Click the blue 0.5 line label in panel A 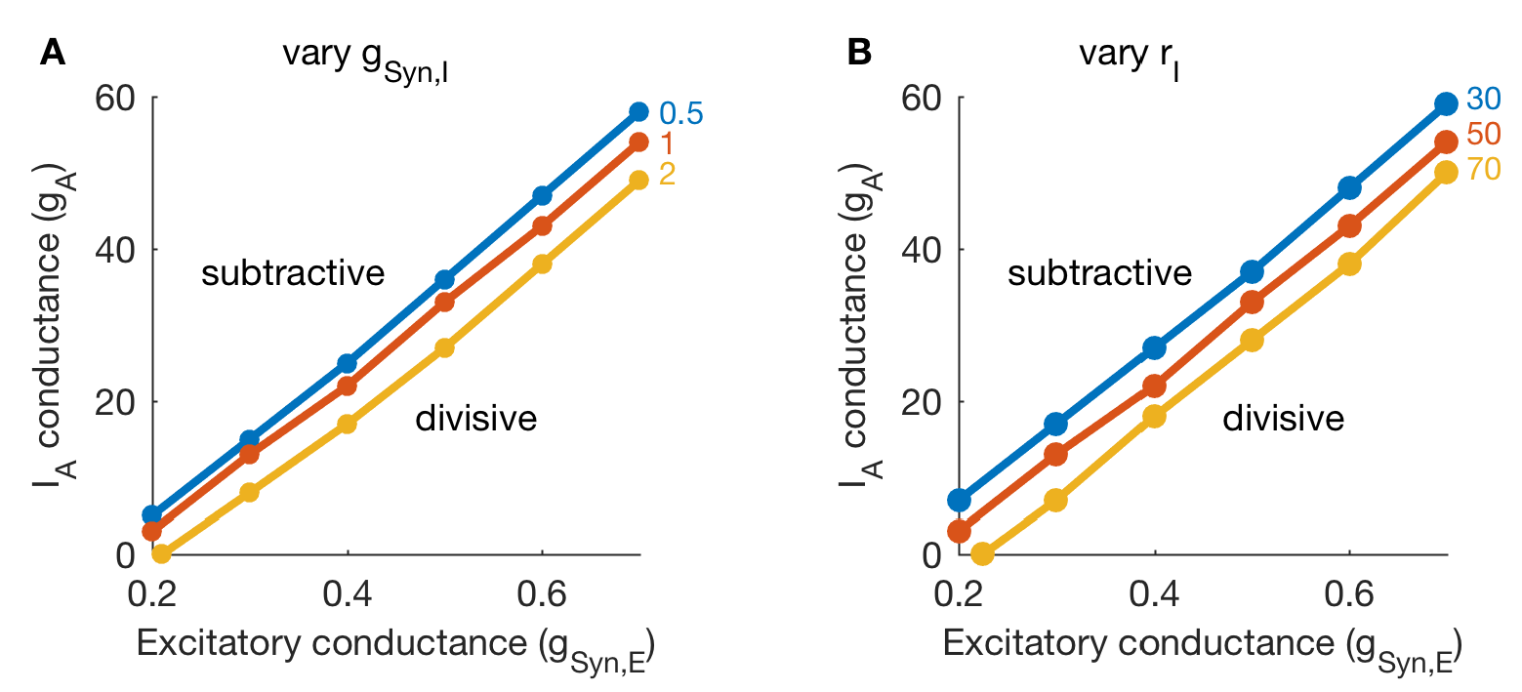679,113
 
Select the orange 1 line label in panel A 668,143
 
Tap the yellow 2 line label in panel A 668,175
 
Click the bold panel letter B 859,53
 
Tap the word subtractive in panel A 293,273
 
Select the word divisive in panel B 1283,419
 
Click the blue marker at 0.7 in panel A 638,111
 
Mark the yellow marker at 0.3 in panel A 249,493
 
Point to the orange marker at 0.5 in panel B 1252,303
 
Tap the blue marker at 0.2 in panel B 959,501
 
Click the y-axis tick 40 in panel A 114,249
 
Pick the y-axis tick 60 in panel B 921,99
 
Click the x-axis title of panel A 394,647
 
